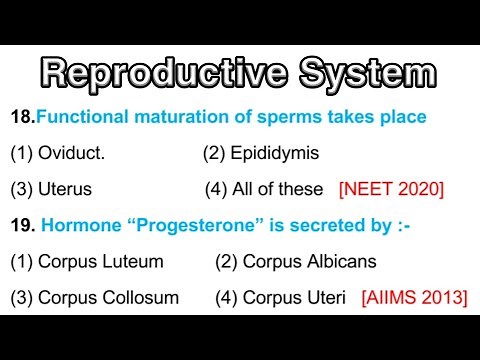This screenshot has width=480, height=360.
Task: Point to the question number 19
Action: (x=22, y=225)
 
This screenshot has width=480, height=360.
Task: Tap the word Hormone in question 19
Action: (x=77, y=225)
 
